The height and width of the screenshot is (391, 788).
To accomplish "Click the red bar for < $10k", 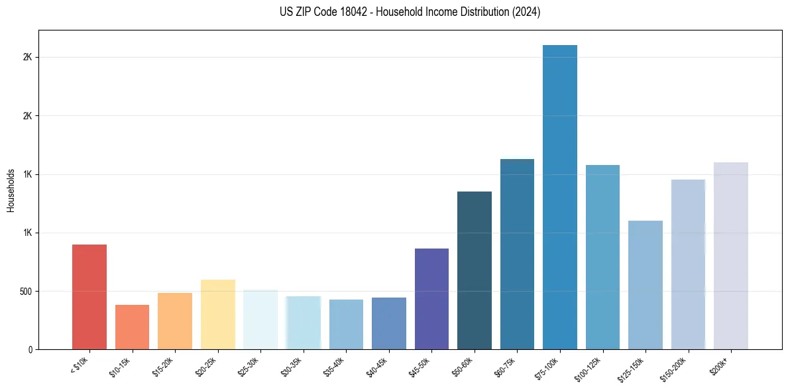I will tap(89, 297).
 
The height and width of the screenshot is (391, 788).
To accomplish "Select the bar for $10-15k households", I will tap(132, 327).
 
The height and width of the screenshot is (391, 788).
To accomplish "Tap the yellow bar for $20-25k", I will tap(217, 314).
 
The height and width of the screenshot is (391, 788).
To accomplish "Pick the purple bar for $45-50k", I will tap(431, 299).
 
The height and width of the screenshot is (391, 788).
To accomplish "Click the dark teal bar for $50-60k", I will tap(474, 270).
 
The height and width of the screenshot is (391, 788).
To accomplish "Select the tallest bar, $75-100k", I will tap(559, 197).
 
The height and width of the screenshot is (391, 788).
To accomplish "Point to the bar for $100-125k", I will tap(602, 257).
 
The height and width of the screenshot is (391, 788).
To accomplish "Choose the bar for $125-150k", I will tap(645, 285).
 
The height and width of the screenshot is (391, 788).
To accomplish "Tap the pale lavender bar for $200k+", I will tap(730, 256).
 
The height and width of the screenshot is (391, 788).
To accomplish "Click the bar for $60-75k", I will tap(517, 254).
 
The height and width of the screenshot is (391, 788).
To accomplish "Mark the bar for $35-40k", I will tap(346, 324).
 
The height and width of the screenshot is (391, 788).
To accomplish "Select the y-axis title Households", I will tap(11, 190).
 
